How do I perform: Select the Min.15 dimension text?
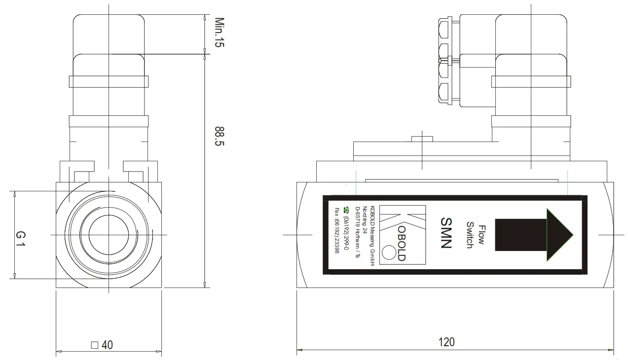(219, 33)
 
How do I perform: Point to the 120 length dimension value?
(446, 341)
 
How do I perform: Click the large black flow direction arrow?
(533, 234)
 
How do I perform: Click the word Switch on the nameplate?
(469, 235)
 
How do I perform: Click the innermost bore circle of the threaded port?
(109, 235)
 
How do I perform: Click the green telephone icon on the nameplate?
(346, 209)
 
